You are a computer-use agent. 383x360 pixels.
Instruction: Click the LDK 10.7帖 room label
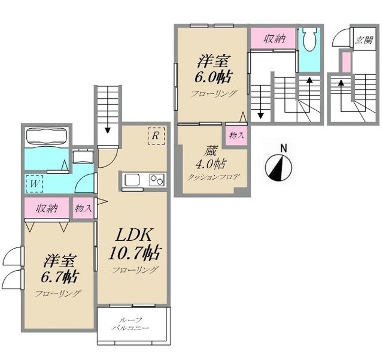tap(135, 244)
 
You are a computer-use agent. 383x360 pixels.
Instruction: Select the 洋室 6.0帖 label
tap(213, 69)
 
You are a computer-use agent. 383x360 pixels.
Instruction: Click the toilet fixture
tap(309, 39)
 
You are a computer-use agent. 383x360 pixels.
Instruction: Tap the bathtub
tap(47, 137)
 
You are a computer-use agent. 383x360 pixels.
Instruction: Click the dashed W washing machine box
tap(35, 184)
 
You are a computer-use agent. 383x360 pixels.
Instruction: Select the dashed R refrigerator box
tap(156, 136)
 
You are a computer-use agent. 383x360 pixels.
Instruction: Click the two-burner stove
tap(157, 180)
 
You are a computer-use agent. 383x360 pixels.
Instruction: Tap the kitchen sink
tap(132, 180)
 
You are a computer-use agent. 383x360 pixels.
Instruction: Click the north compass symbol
tap(278, 168)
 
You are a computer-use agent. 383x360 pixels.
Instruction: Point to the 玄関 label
tap(364, 40)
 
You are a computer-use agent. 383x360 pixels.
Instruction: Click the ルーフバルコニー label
tap(130, 324)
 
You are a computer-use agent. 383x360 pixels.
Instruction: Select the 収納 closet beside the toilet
tap(273, 38)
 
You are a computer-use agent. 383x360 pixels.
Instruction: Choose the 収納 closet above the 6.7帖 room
tap(47, 208)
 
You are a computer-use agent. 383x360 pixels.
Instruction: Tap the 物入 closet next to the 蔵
tap(236, 135)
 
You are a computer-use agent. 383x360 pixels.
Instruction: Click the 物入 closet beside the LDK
tap(83, 208)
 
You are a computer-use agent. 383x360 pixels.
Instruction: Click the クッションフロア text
tap(213, 177)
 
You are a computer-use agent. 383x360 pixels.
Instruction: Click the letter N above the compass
tap(283, 149)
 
